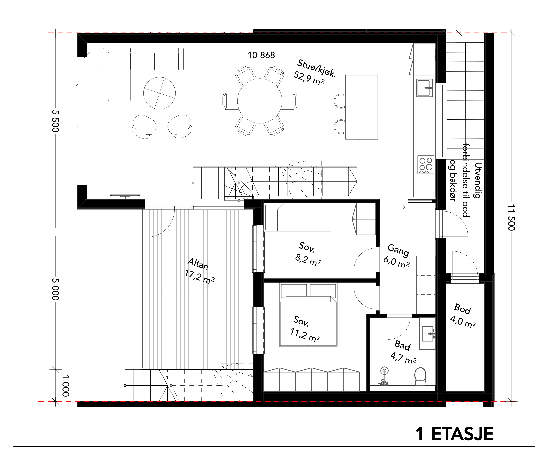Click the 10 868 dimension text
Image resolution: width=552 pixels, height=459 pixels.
pyautogui.click(x=261, y=55)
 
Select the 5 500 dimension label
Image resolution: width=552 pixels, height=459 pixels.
pyautogui.click(x=55, y=121)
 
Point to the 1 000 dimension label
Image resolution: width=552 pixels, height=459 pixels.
pyautogui.click(x=66, y=385)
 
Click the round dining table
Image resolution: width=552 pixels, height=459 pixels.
pyautogui.click(x=260, y=101)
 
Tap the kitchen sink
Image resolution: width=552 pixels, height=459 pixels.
pyautogui.click(x=424, y=88)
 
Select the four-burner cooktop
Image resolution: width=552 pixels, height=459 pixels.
pyautogui.click(x=425, y=165)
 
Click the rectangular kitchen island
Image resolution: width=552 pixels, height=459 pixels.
pyautogui.click(x=362, y=107)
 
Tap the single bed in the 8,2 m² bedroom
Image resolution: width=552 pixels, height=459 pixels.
pyautogui.click(x=298, y=218)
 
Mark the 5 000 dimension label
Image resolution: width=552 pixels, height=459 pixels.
pyautogui.click(x=55, y=289)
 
